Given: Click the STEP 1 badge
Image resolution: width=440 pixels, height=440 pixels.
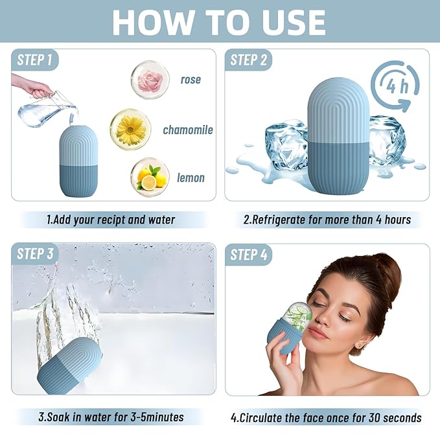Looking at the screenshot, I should (35, 60).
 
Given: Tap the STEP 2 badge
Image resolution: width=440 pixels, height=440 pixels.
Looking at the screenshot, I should (249, 60).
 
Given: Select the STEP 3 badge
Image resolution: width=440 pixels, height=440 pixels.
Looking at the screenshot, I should (35, 254).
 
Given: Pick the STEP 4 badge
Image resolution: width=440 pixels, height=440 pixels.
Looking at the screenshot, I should (249, 255).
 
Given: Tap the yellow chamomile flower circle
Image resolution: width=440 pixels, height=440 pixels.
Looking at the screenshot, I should (131, 128).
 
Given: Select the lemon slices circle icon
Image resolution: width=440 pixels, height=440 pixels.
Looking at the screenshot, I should (150, 177).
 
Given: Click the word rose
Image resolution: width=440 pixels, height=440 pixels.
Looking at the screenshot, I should (191, 80).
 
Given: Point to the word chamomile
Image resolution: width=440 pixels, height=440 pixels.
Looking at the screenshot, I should (188, 130).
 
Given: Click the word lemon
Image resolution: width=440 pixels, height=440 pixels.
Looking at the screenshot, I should (191, 178).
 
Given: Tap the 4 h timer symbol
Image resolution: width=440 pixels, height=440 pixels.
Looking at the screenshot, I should (395, 86).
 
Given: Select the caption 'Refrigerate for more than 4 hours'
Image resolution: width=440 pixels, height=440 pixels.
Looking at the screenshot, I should (327, 220).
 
